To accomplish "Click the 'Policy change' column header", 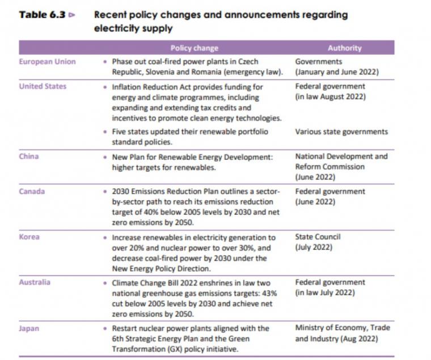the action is click(x=195, y=48).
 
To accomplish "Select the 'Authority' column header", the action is click(x=345, y=48).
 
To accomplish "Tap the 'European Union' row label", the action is click(x=47, y=62).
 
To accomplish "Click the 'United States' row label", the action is click(x=43, y=86).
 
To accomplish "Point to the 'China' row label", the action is click(x=29, y=156).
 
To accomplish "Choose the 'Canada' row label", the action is click(x=32, y=191).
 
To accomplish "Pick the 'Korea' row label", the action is click(x=29, y=237).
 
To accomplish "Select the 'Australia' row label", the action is click(x=35, y=282).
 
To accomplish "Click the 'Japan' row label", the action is click(x=29, y=328).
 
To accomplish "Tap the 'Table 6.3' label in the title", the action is click(x=42, y=15).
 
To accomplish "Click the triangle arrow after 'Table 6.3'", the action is click(x=72, y=15).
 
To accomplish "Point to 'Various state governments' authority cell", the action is click(x=341, y=132).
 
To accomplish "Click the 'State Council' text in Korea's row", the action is click(x=318, y=237).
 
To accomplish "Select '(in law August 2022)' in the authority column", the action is click(x=331, y=97).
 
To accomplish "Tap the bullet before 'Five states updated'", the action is click(x=105, y=132).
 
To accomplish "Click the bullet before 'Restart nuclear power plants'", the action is click(x=105, y=328).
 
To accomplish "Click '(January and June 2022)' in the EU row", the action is click(x=337, y=72).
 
